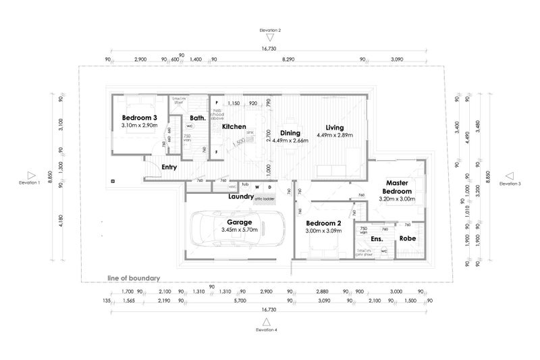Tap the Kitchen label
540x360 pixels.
pos(234,127)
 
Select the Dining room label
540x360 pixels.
pos(291,132)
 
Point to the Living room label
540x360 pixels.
pos(335,127)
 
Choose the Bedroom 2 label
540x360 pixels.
pos(324,223)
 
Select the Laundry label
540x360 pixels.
pos(240,197)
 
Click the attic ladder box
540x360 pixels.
pos(265,199)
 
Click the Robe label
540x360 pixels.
pos(407,238)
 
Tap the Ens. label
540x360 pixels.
pos(377,238)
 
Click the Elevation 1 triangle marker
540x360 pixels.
pos(30,174)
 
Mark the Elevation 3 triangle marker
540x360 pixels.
pos(510,174)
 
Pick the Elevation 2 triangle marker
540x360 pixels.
pos(269,38)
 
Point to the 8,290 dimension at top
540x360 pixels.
pos(288,59)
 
